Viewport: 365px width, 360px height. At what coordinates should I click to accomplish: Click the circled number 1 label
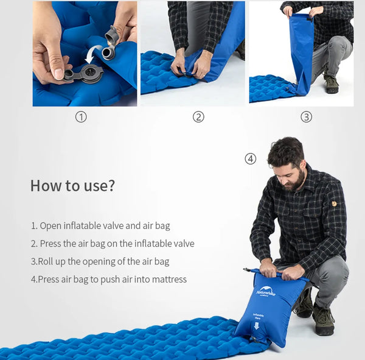[81, 117]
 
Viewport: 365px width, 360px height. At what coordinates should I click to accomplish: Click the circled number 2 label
[198, 117]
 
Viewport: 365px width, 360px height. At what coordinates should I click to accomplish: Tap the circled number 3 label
[306, 117]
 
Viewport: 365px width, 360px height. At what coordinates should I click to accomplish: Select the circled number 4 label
[251, 159]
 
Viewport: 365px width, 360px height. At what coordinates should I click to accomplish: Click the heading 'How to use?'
[72, 186]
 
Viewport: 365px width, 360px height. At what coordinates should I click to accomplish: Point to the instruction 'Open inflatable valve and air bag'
[100, 225]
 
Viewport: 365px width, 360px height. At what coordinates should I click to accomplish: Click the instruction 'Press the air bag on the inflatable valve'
[113, 244]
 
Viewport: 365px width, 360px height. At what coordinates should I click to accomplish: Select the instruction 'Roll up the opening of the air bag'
[100, 261]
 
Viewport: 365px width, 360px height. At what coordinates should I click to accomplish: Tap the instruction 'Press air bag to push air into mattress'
[109, 280]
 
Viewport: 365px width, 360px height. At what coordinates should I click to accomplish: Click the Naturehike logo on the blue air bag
[266, 292]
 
